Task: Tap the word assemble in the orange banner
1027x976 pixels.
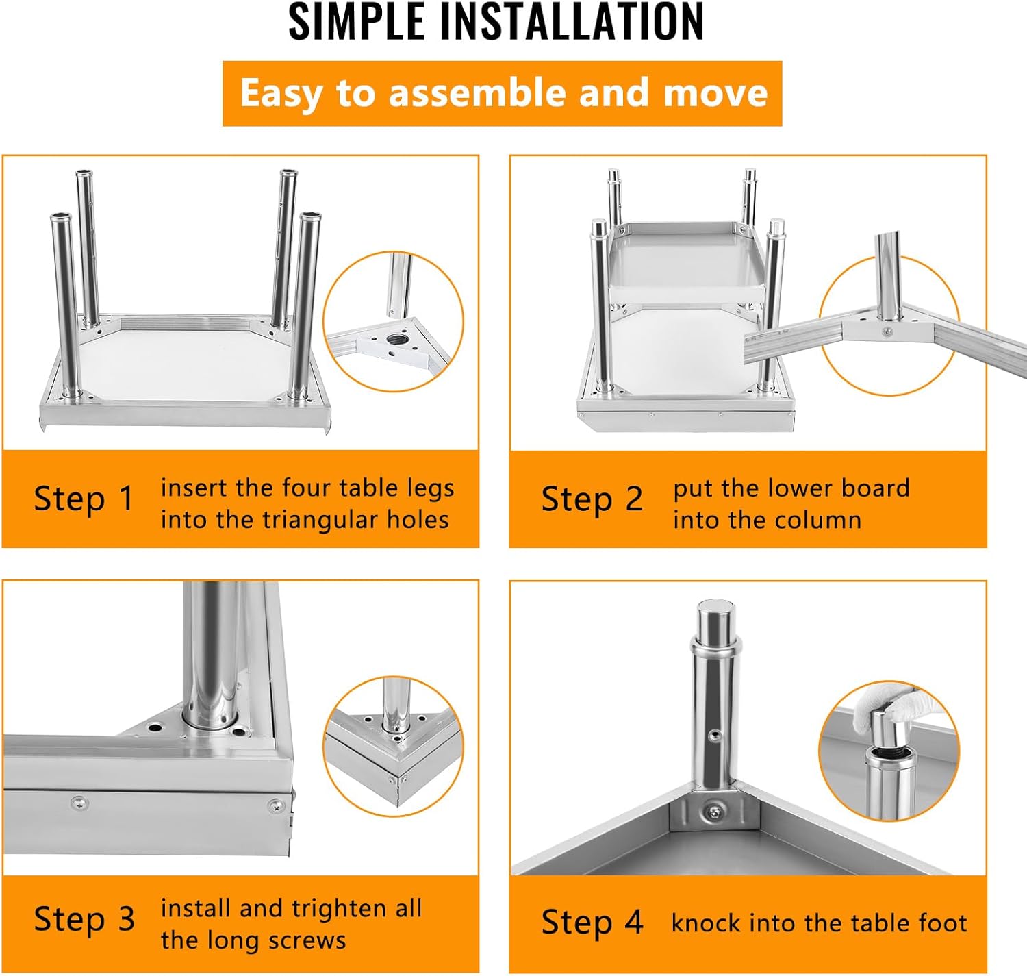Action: [x=477, y=92]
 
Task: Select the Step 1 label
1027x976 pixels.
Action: [x=84, y=499]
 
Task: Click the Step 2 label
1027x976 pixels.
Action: [x=592, y=499]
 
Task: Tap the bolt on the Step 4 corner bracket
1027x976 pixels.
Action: [x=713, y=812]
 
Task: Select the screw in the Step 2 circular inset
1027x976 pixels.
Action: [x=886, y=331]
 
